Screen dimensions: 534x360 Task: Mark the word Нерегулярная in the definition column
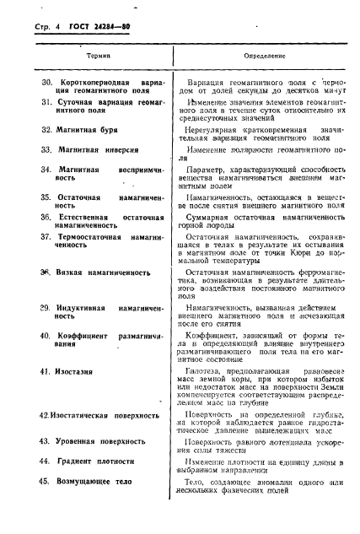click(214, 130)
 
